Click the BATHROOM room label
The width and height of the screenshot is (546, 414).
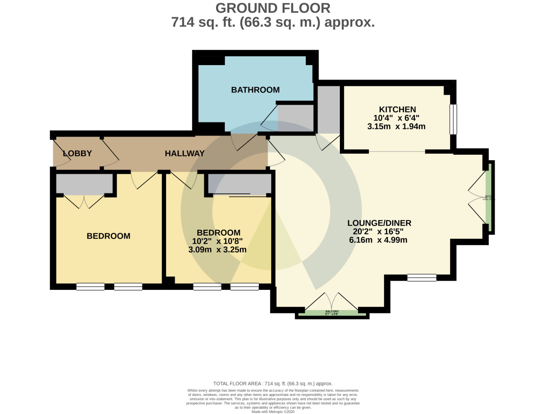coord(255,90)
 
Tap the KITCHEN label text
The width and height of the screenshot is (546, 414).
coord(397,109)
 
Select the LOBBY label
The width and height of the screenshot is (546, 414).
coord(77,153)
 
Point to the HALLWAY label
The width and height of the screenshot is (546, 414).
coord(184,153)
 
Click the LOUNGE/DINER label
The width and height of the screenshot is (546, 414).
coord(379,223)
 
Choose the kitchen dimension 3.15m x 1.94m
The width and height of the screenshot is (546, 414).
coord(396,126)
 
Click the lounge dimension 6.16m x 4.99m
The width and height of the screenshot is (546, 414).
coord(378,240)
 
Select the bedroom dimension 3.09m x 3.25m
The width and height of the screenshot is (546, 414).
coord(217,249)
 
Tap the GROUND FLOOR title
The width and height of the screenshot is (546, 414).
coord(273,8)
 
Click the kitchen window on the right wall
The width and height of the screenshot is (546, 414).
coord(453,120)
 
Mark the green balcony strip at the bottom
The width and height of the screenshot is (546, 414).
coord(331,313)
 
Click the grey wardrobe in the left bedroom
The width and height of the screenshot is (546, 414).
coord(84,184)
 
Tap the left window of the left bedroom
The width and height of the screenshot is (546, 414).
coord(90,287)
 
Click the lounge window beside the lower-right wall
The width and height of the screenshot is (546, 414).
coord(421,278)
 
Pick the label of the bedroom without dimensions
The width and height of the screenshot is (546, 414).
coord(108,236)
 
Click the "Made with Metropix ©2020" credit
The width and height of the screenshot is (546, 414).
coord(273,412)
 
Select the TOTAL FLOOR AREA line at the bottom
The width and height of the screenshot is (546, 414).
coord(273,384)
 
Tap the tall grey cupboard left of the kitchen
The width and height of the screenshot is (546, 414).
coord(329,109)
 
